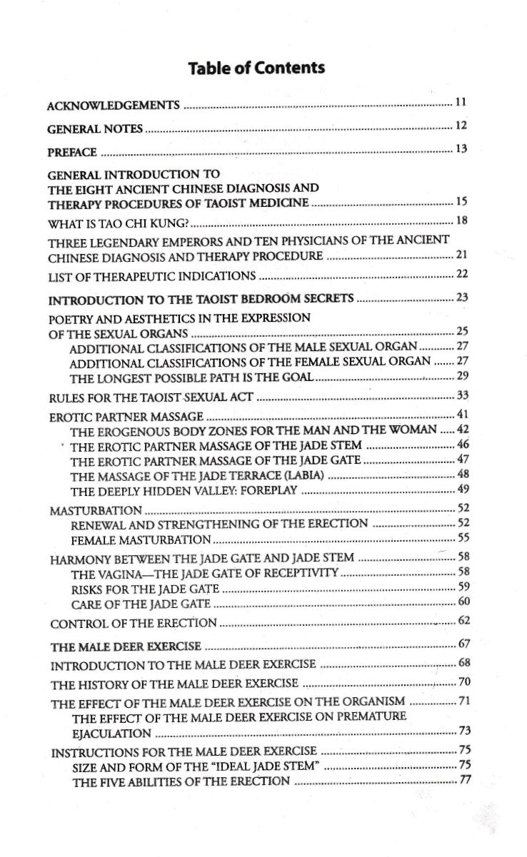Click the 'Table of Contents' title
point(256,69)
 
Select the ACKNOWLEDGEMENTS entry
point(113,106)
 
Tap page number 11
point(461,103)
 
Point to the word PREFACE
point(72,153)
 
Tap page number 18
point(461,220)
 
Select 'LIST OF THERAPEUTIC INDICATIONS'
point(151,276)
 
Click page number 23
point(461,298)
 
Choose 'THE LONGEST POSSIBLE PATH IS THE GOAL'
point(192,376)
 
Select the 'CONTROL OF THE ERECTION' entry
point(134,623)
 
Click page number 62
point(463,621)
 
